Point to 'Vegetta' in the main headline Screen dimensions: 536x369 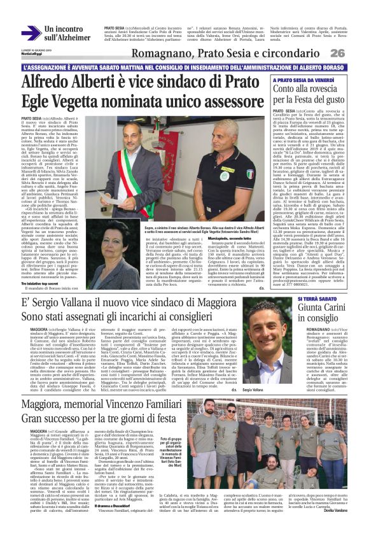[81, 102]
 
